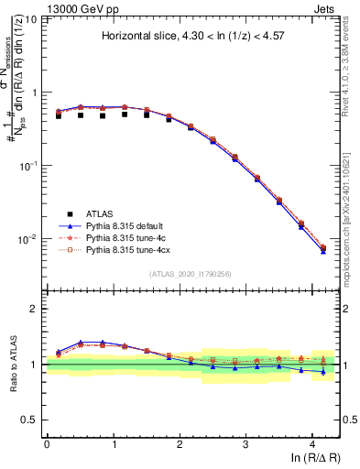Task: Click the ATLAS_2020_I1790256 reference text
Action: point(191,274)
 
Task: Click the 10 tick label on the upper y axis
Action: point(32,19)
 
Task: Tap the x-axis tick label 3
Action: point(245,444)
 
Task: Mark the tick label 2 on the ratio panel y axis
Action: point(36,309)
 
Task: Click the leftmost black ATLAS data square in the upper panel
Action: point(59,115)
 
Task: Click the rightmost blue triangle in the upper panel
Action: point(322,251)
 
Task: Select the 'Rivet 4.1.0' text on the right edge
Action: point(353,73)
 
